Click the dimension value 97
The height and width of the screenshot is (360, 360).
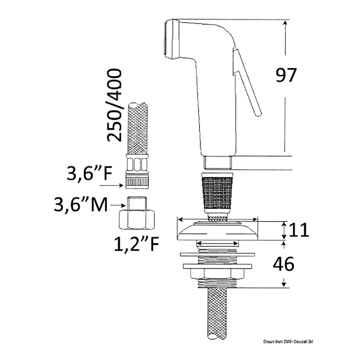pos(286,75)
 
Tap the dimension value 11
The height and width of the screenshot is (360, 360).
pos(299,230)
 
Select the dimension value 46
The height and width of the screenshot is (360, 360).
pos(284,264)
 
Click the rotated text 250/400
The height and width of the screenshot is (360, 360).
pos(114,105)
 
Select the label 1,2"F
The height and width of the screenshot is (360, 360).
pos(137,244)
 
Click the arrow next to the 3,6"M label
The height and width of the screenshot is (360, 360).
pos(118,206)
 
